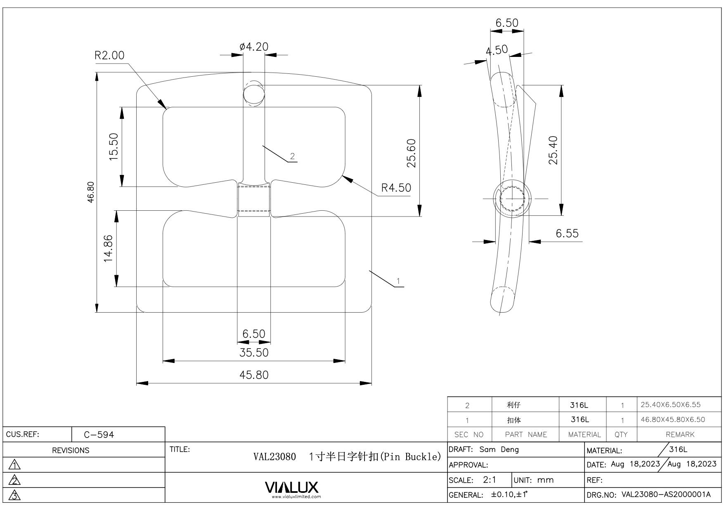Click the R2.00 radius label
tap(109, 55)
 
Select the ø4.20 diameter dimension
tap(254, 47)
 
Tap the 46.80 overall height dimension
tap(91, 192)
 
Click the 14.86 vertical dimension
tap(108, 248)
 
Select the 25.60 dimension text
tap(411, 153)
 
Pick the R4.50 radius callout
tap(396, 188)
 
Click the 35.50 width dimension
tap(254, 353)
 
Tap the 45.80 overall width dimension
tap(254, 375)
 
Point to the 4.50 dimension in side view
tap(497, 50)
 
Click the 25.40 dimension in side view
tap(553, 150)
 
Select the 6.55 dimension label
tap(567, 233)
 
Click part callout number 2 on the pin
tap(292, 156)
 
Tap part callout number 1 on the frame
tap(398, 281)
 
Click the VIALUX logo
tap(292, 487)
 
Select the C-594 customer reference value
tap(99, 435)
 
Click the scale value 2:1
tap(490, 480)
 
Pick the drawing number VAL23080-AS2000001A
tap(666, 495)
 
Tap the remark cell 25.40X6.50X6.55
tap(670, 405)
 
